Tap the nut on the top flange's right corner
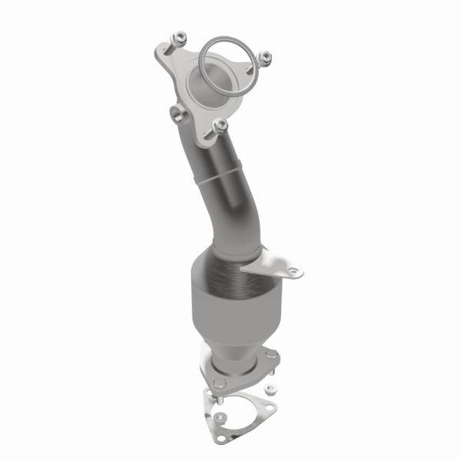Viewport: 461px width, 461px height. click(x=266, y=56)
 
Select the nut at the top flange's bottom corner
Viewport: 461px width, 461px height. click(x=220, y=123)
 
